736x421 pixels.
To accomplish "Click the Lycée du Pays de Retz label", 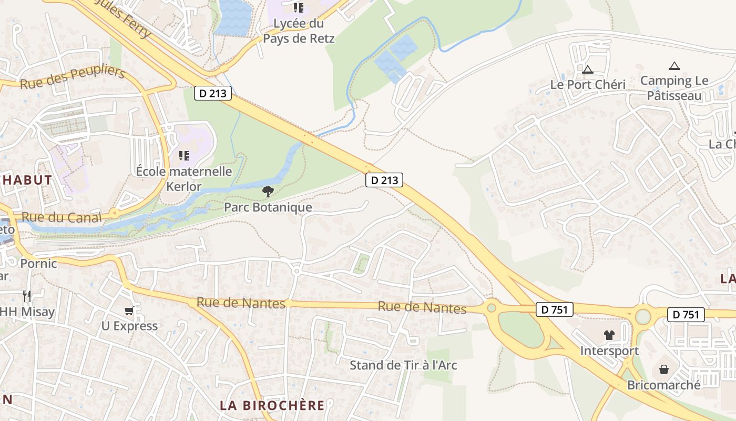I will pyautogui.click(x=299, y=31).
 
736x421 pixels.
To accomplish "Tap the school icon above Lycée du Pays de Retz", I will pyautogui.click(x=299, y=7).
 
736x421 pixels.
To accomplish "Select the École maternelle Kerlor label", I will pyautogui.click(x=184, y=179).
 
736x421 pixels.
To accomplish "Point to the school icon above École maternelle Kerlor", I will pyautogui.click(x=184, y=155).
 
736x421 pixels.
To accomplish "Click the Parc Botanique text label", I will pyautogui.click(x=268, y=207).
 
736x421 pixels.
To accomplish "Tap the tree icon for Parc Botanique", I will pyautogui.click(x=268, y=191).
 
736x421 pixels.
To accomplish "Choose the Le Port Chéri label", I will pyautogui.click(x=588, y=85).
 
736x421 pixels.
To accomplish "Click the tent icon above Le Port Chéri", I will pyautogui.click(x=588, y=69).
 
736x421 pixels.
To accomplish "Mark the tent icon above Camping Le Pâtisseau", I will pyautogui.click(x=674, y=66).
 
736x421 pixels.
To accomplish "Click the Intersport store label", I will pyautogui.click(x=609, y=350).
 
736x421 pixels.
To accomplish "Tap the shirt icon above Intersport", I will pyautogui.click(x=609, y=335).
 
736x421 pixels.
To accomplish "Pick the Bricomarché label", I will pyautogui.click(x=664, y=385).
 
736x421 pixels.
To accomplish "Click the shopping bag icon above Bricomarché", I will pyautogui.click(x=664, y=369).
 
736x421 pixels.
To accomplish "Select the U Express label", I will pyautogui.click(x=129, y=326).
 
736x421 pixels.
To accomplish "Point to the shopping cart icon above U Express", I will pyautogui.click(x=129, y=311).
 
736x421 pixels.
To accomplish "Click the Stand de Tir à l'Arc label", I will pyautogui.click(x=403, y=365).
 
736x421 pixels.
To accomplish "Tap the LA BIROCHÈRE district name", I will pyautogui.click(x=272, y=405).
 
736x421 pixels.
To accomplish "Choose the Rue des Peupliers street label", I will pyautogui.click(x=73, y=78).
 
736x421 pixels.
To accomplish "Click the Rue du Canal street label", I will pyautogui.click(x=62, y=217).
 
